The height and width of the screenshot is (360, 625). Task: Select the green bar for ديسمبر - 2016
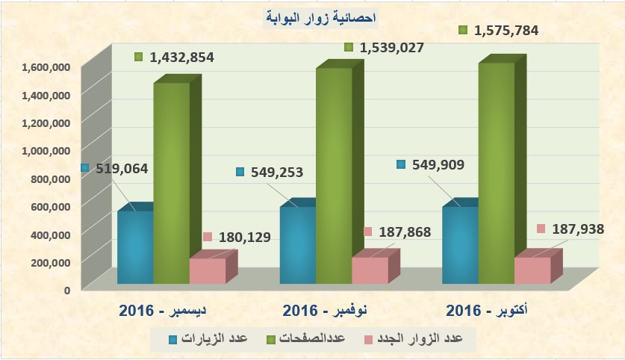172,183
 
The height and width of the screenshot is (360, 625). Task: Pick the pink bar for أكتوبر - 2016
532,270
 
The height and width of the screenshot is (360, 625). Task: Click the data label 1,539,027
391,48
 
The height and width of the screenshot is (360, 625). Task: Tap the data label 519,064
121,169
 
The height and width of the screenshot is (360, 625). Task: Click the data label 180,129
244,238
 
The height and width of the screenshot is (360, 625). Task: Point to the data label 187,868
407,232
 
